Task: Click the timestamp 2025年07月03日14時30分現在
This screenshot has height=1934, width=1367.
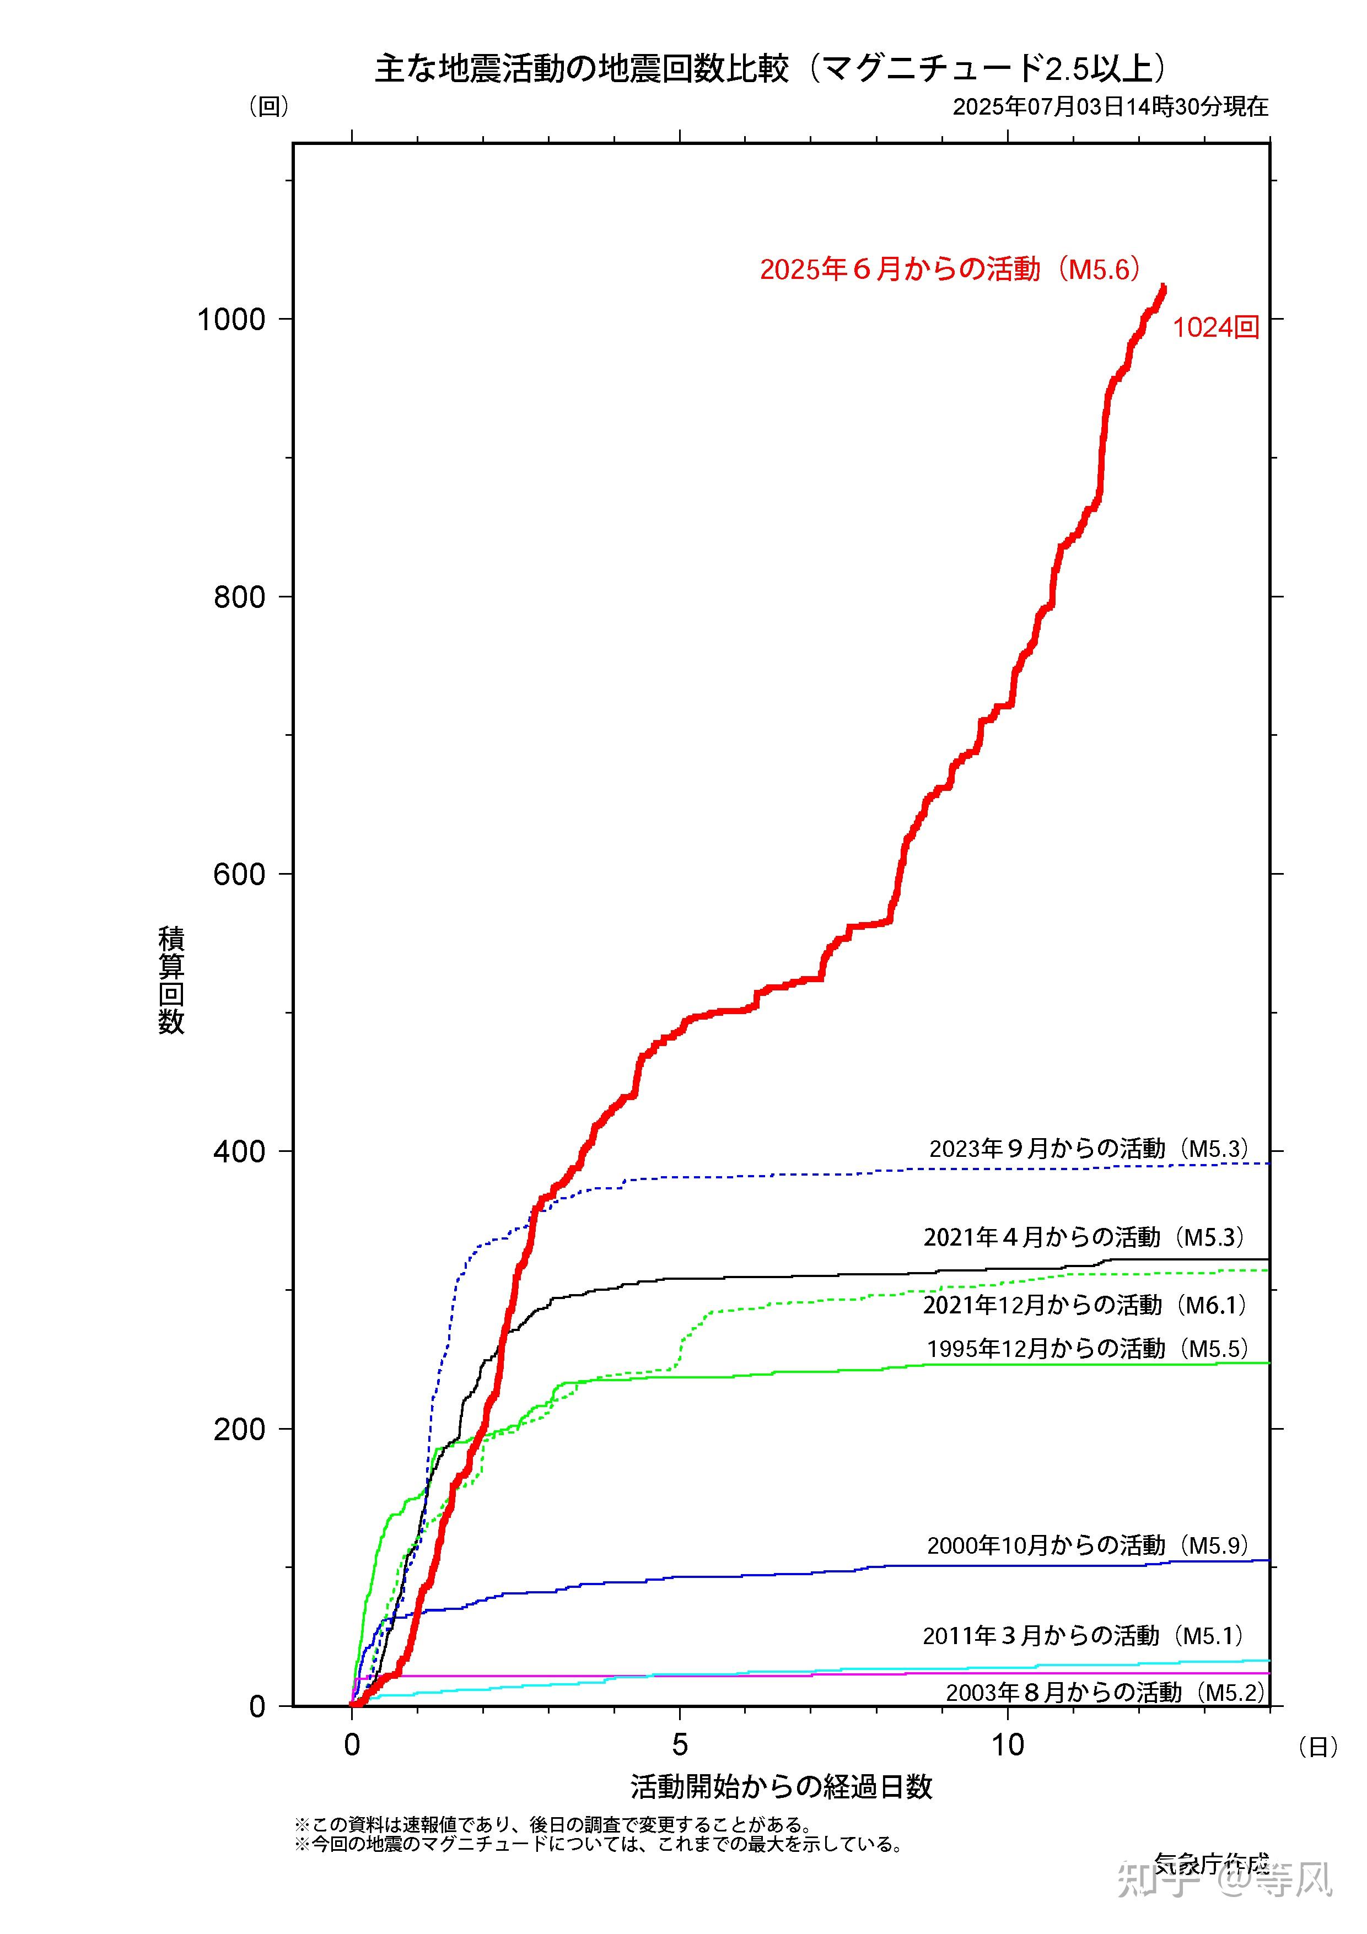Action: [x=1110, y=107]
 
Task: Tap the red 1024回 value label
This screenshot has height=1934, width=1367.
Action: [x=1215, y=328]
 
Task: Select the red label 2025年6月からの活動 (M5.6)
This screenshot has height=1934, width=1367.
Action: [x=951, y=269]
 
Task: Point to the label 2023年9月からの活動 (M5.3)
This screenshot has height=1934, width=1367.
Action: [x=1088, y=1149]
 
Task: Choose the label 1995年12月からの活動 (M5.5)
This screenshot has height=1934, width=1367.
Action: [x=1086, y=1349]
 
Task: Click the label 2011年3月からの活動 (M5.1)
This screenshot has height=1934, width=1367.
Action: [x=1083, y=1636]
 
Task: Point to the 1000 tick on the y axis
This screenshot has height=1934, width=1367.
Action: [x=231, y=319]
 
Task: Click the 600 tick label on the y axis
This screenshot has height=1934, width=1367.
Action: [x=239, y=874]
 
